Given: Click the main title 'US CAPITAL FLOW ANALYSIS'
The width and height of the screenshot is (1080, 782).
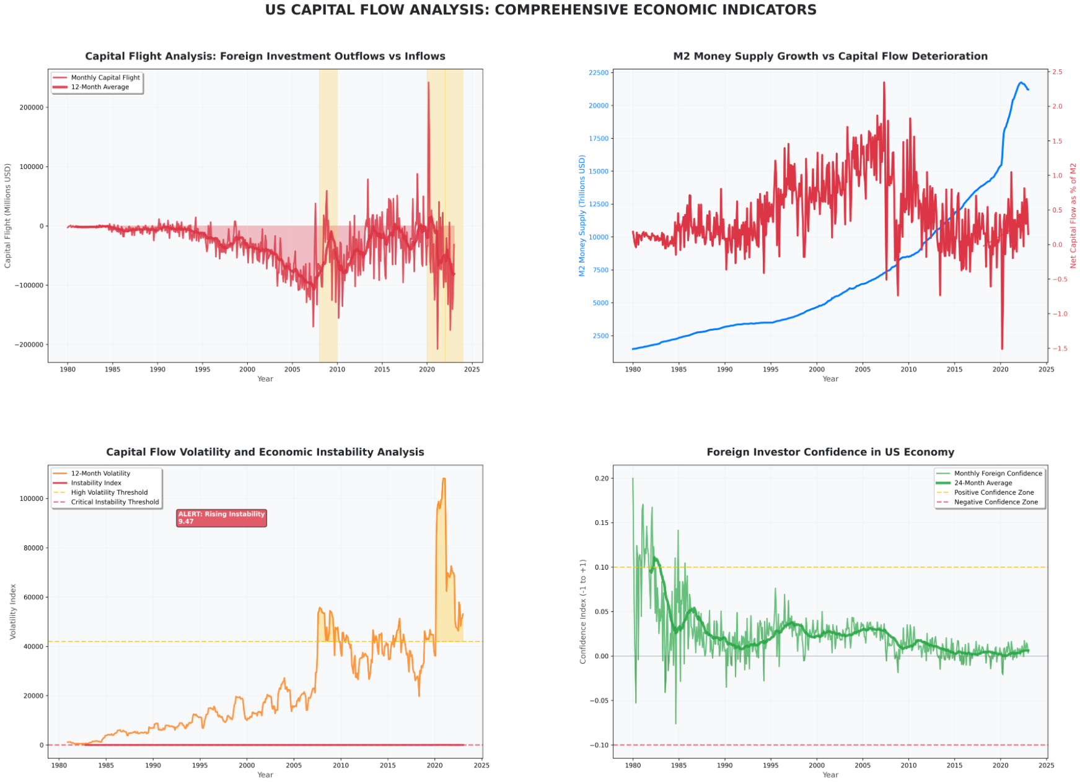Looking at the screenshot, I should pos(540,10).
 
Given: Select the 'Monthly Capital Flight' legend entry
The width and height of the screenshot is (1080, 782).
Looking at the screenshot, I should pos(105,77).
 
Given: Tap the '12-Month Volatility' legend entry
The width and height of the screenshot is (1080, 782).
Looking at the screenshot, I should pos(100,474).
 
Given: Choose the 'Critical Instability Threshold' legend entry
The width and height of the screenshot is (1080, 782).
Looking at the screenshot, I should pos(115,502).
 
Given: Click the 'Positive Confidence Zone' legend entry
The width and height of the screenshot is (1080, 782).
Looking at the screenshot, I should pos(993,493).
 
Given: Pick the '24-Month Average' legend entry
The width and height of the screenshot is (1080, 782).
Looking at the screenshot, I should pos(983,483).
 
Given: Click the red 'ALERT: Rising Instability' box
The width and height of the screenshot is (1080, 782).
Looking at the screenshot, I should pos(221,518).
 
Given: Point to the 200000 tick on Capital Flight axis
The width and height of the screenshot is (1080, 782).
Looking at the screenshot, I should pos(32,107).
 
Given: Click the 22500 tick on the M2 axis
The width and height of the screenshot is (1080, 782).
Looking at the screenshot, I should pos(598,73).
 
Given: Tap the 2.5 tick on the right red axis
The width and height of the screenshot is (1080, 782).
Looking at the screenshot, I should pos(1056,72).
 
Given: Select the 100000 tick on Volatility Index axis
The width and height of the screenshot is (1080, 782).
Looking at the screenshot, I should pos(32,498).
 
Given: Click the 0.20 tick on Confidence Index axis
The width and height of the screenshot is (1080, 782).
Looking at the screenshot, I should pos(601,479).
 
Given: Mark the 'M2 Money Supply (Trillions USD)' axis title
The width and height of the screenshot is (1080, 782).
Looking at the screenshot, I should pos(582,215).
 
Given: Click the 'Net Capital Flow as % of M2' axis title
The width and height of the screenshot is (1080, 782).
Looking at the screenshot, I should pos(1073,215).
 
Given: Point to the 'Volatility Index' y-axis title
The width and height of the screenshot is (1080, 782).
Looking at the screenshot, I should pos(13,611).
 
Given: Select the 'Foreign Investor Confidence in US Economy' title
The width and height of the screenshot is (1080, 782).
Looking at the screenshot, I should pos(830,452).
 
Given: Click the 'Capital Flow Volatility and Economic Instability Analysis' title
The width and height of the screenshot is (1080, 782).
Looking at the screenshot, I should pos(265,452).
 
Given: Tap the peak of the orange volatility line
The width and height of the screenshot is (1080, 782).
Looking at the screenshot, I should pos(444,478).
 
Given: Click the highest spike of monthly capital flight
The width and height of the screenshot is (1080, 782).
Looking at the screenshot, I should pos(428,82).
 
